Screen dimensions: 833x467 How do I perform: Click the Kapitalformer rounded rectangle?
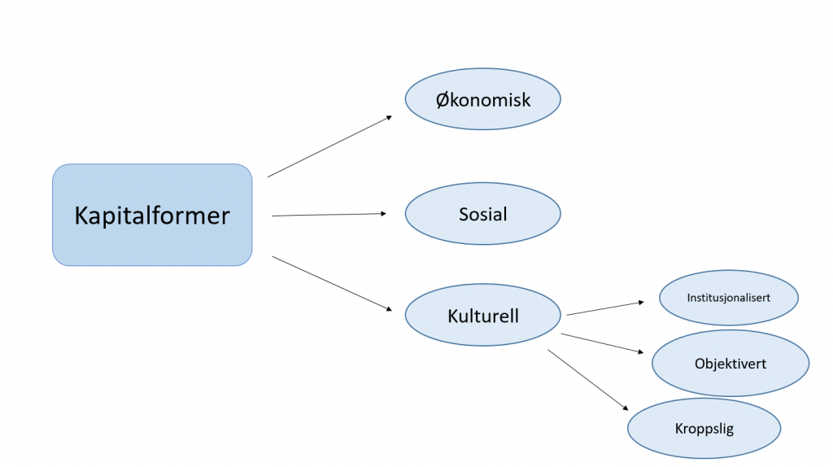coord(152,215)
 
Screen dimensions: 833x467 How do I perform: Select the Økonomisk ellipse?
coord(483,98)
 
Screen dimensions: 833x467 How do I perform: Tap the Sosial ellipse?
coord(483,214)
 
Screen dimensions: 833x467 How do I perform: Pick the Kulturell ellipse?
coord(483,315)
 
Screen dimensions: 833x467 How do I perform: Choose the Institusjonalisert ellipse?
coord(729,298)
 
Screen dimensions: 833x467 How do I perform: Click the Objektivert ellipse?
coord(731,363)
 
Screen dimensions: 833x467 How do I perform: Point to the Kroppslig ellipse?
coord(704,428)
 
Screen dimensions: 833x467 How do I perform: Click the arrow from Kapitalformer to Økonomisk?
coord(329,146)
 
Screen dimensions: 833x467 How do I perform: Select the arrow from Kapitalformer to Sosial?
coord(329,215)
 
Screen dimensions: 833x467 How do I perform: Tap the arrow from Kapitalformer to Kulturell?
coord(332,283)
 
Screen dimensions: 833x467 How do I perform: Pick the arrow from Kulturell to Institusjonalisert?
coord(605,308)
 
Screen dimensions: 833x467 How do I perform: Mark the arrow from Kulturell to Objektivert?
coord(602,343)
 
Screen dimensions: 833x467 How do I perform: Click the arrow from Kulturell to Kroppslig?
coord(588,380)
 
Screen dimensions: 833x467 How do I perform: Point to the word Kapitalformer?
coord(152,216)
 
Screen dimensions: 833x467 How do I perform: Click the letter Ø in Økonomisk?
coord(443,100)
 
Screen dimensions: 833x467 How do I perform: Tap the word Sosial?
coord(483,214)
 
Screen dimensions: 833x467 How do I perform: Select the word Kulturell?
coord(483,316)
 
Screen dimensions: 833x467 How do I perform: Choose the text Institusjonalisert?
coord(728,298)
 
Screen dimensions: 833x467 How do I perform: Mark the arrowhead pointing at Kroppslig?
coord(626,408)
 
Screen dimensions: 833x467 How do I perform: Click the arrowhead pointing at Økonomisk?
coord(390,117)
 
